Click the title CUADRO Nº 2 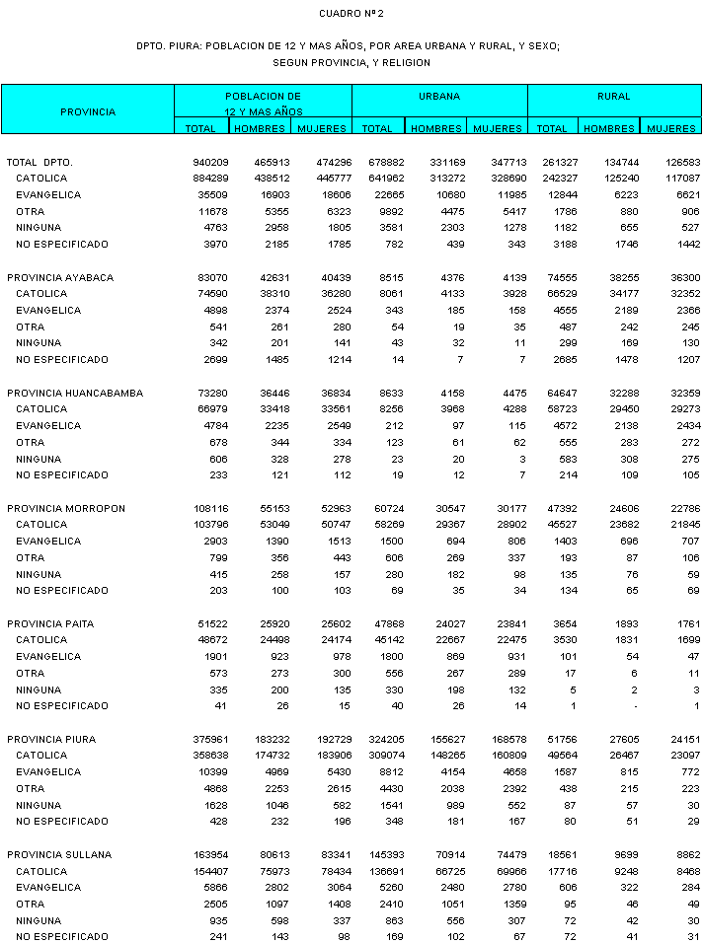[351, 14]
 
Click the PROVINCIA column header [88, 112]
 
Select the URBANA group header [439, 97]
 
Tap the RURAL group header [614, 97]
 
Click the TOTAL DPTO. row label [39, 162]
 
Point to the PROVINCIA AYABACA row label [60, 277]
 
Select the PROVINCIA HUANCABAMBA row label [74, 393]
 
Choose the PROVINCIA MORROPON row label [66, 508]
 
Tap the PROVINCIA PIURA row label [54, 739]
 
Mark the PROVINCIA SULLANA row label [59, 854]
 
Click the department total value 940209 [211, 162]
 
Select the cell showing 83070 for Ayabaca [214, 277]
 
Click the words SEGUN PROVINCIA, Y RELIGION [351, 62]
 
